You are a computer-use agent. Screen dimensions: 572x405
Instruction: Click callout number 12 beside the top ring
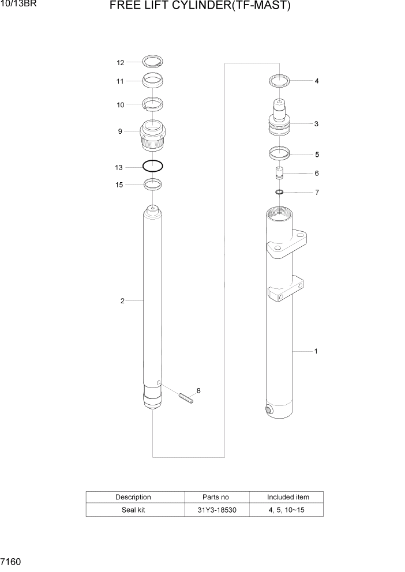tap(120, 62)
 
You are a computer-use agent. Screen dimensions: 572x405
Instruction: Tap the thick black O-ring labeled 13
tap(152, 167)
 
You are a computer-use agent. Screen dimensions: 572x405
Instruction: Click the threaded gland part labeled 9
tap(153, 136)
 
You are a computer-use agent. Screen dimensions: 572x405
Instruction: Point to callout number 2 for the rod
tap(122, 300)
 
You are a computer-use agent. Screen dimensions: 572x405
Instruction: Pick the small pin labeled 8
tap(185, 398)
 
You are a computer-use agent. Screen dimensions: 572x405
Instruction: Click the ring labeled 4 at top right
tap(279, 80)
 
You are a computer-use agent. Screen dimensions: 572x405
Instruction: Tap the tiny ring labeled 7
tap(279, 192)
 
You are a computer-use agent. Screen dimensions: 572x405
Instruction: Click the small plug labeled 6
tap(279, 174)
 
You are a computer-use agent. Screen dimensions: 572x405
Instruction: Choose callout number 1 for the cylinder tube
tap(316, 351)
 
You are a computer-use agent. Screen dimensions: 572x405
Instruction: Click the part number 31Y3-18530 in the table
tap(216, 510)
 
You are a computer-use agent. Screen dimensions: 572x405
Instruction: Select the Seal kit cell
tap(133, 510)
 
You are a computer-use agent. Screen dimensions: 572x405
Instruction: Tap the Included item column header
tap(287, 497)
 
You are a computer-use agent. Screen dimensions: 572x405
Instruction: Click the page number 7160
tap(12, 561)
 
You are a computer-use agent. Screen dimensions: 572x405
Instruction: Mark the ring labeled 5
tap(279, 154)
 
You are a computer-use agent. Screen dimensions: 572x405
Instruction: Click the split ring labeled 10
tap(153, 104)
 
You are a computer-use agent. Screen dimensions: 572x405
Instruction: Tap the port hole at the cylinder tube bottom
tap(269, 410)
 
